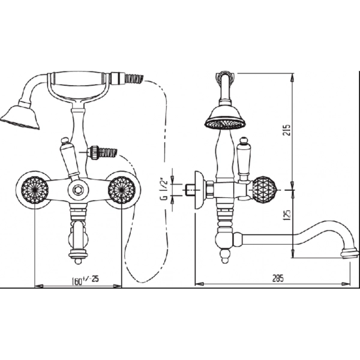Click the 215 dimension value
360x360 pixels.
287,130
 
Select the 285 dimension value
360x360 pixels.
278,278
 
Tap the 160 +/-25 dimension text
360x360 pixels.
85,280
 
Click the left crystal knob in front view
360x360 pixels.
35,190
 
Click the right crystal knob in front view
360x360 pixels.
121,190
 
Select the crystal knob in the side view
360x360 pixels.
264,190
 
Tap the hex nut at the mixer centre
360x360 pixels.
78,190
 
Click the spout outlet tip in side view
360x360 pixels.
350,254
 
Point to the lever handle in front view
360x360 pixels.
70,160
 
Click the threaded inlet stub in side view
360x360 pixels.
188,190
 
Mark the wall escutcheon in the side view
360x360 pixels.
199,190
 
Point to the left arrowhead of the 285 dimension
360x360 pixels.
199,284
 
